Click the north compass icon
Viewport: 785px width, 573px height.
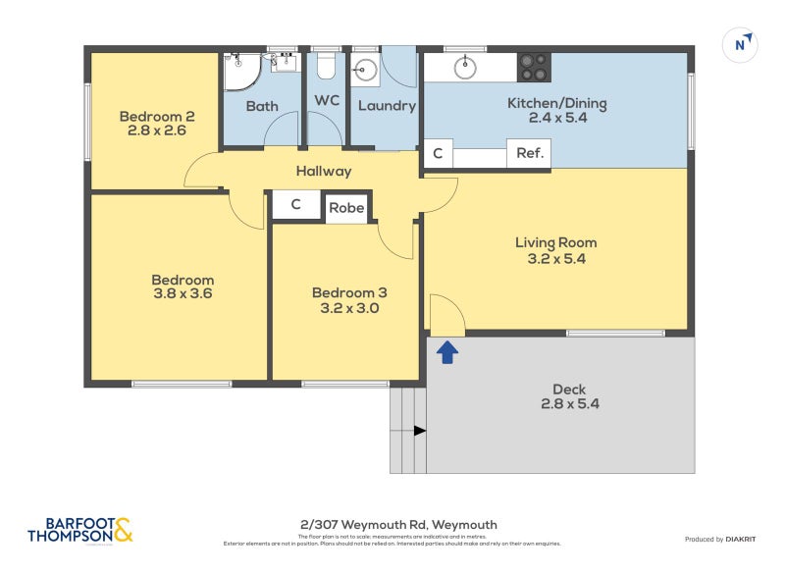point(742,44)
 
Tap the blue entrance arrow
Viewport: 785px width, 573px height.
point(447,352)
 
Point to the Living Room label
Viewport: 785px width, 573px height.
point(555,242)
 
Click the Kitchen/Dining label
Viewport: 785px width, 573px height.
point(556,103)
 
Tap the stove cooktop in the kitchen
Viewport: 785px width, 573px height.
point(534,67)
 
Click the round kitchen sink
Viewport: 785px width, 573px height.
point(464,67)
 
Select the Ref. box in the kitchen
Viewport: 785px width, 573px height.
point(530,154)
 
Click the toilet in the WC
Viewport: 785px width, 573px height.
point(326,66)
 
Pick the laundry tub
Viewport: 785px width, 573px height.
point(365,69)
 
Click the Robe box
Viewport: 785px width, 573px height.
point(346,208)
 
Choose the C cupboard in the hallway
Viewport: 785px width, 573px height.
point(294,206)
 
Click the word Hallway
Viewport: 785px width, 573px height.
point(324,171)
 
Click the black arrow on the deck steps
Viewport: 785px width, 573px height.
point(419,430)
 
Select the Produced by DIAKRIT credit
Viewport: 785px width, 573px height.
point(717,539)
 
